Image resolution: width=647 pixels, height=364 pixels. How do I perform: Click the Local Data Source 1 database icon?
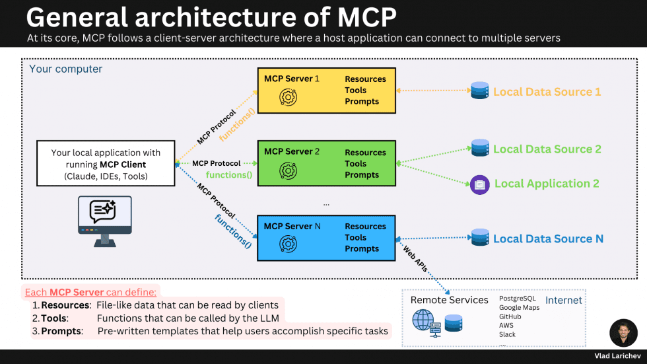[480, 91]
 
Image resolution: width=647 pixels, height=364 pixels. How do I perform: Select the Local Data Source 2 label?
[547, 149]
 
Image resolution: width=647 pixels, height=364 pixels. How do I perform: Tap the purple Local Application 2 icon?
[480, 184]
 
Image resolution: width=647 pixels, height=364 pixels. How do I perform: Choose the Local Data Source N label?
[548, 238]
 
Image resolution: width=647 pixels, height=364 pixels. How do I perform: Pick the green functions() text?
[229, 175]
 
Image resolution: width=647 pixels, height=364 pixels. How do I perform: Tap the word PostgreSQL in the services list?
[517, 299]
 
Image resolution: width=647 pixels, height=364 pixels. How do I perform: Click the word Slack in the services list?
[507, 334]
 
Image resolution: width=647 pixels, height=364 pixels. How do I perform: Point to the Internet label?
[563, 301]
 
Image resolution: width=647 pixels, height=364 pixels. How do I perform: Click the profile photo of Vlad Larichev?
[623, 333]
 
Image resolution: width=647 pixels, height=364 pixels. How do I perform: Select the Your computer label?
[66, 69]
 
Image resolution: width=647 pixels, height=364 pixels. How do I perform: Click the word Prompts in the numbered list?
[62, 331]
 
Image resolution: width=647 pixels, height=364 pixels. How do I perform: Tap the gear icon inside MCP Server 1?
[288, 97]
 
